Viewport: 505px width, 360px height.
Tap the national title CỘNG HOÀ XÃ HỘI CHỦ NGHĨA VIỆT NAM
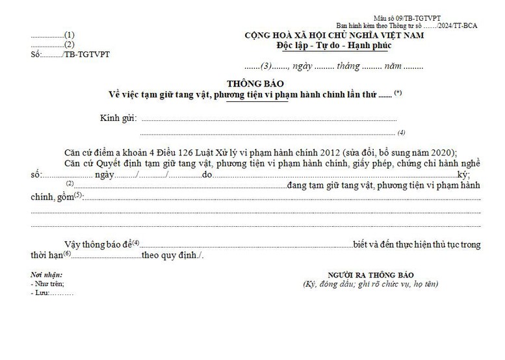tap(334, 35)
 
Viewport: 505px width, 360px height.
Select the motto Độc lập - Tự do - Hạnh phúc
tap(334, 45)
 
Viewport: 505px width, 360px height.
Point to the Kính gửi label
tap(118, 118)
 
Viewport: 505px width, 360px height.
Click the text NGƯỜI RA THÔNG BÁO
tap(370, 275)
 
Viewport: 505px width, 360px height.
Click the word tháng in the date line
tap(348, 66)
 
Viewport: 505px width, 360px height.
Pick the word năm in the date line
tap(393, 66)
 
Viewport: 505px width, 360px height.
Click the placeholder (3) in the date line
tap(266, 66)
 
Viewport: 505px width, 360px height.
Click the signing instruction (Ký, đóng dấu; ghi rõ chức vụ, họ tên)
tap(370, 284)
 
